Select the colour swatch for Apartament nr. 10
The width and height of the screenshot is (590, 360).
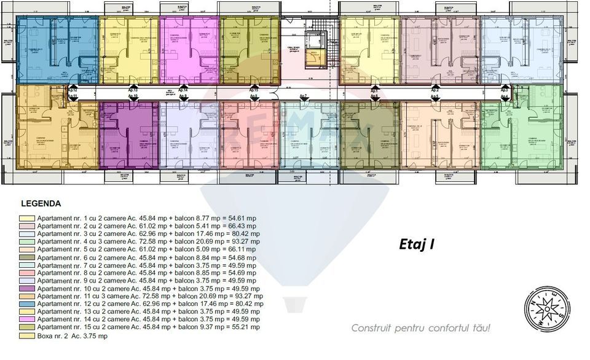[x=28, y=289]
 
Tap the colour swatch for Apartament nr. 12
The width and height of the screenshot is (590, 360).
[x=28, y=304]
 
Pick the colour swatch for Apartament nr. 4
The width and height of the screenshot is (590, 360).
[x=28, y=241]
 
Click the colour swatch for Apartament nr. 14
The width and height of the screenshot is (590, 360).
[x=28, y=320]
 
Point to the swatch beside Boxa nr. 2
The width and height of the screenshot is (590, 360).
[x=28, y=336]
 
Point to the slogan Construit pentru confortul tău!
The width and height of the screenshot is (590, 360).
[x=421, y=328]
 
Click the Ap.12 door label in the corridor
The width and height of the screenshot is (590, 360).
[x=73, y=90]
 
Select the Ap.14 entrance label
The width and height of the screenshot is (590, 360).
[x=183, y=90]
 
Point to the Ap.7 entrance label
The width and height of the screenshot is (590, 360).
[x=304, y=96]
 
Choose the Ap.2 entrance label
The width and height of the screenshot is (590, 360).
[x=435, y=90]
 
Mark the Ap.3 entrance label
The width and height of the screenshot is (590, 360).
[x=504, y=90]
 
